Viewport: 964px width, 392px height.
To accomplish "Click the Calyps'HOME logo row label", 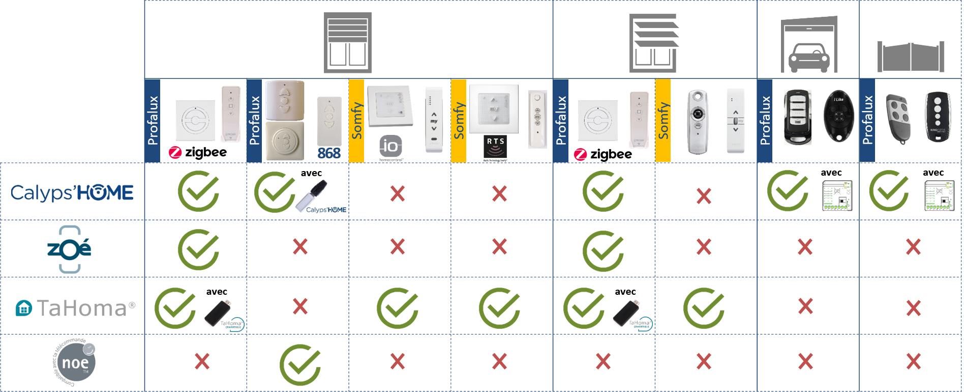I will tap(72, 192).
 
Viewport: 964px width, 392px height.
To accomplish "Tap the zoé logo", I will tap(71, 247).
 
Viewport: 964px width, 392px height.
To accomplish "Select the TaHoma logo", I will tap(75, 308).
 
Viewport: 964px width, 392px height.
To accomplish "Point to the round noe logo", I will tap(75, 362).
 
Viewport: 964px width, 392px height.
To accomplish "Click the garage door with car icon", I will tap(809, 45).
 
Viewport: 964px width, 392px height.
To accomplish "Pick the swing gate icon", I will tap(911, 57).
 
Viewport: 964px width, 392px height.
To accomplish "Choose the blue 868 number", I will tap(329, 153).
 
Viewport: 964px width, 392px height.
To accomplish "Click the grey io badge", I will tap(390, 147).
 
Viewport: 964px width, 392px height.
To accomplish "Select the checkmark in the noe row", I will tap(300, 365).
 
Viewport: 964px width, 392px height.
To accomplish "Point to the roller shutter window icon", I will tap(348, 43).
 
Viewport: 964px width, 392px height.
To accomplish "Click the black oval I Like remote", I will tap(838, 117).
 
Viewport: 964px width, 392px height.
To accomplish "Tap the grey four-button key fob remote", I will tap(898, 118).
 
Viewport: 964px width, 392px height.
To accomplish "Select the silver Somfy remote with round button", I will tap(698, 122).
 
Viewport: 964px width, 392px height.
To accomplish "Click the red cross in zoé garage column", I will tap(805, 247).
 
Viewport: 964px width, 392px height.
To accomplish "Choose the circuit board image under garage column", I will tap(837, 195).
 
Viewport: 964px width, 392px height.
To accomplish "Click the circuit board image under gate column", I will tap(939, 195).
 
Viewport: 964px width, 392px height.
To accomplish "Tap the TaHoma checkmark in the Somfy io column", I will tap(397, 308).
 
